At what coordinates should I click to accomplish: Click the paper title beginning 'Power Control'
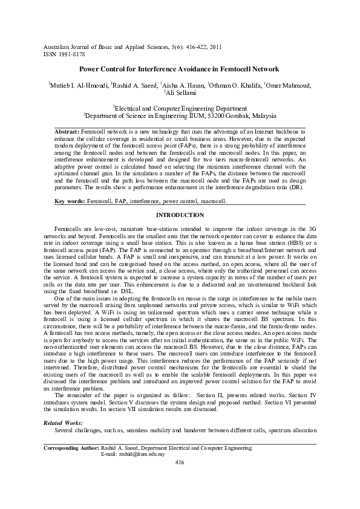tap(179, 70)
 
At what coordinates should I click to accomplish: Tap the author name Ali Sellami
tap(180, 93)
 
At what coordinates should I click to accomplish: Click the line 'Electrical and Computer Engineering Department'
tap(180, 106)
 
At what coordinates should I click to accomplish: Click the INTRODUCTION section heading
tap(180, 215)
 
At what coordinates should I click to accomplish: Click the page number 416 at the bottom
tap(179, 462)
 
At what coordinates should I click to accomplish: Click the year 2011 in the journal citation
tap(216, 47)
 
